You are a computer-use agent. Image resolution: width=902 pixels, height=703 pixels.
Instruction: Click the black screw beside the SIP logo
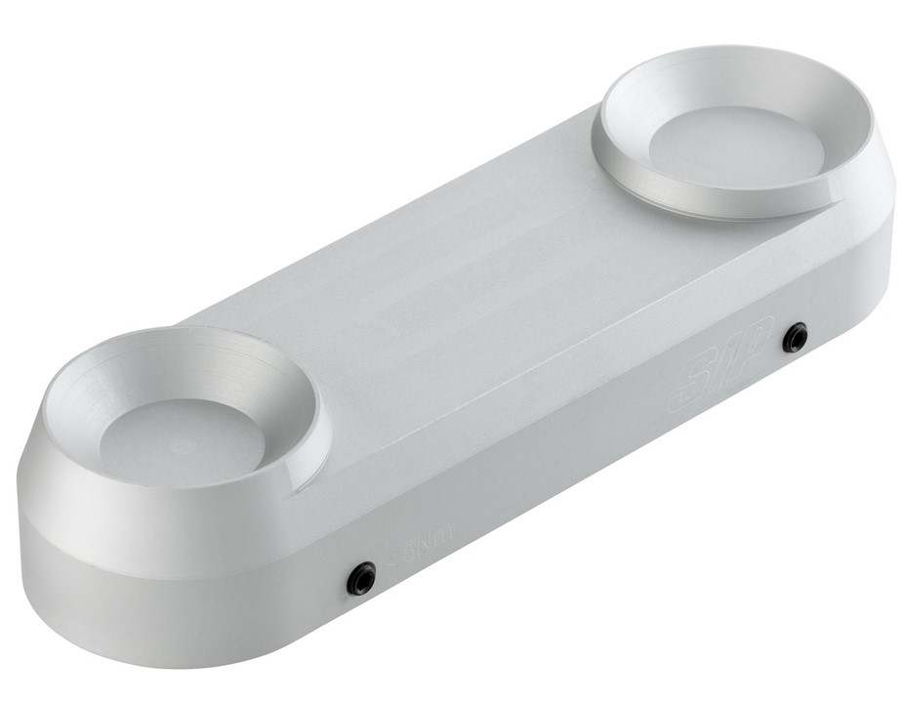[797, 338]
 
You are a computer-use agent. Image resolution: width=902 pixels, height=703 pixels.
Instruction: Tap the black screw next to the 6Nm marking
[362, 579]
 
